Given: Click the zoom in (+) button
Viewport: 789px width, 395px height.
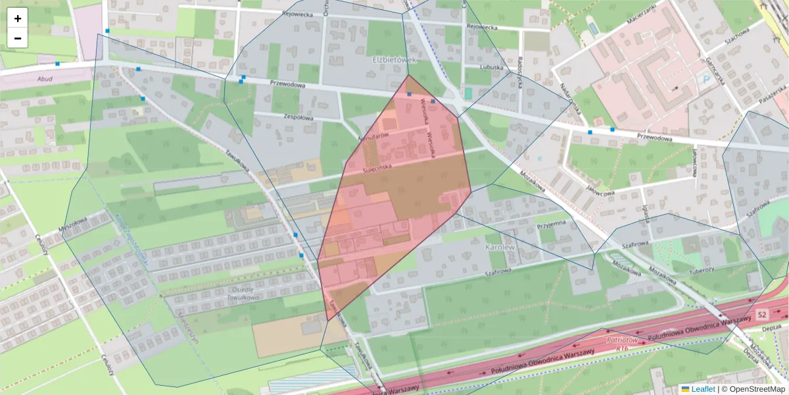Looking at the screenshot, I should coord(18,18).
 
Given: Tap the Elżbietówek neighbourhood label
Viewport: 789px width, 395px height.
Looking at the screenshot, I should coord(395,60).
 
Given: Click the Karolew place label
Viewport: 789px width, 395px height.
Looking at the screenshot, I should coord(498,247).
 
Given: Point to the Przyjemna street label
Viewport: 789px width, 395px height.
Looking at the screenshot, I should coord(551,224).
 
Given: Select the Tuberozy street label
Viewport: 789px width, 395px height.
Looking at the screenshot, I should coord(701,270).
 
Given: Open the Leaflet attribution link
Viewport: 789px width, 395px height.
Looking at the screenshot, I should coord(703,389).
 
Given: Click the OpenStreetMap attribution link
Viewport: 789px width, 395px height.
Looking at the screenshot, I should coord(755,389).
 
